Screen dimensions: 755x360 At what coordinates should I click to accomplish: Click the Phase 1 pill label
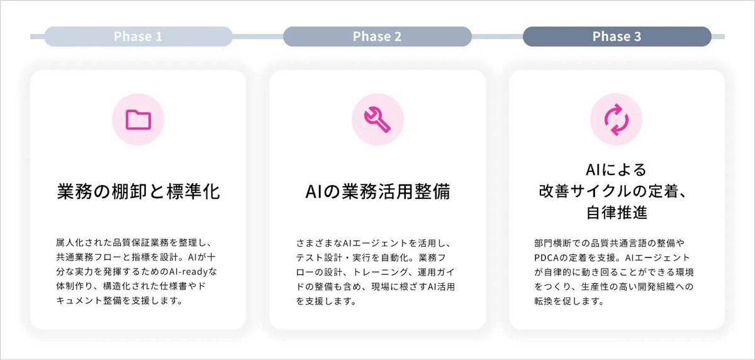[138, 37]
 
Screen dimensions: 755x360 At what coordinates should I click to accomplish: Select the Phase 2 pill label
[377, 37]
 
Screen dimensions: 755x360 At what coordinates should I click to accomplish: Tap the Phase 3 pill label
[617, 37]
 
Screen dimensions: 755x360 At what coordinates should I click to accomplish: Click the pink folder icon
[138, 120]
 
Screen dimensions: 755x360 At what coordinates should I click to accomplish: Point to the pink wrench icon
[377, 120]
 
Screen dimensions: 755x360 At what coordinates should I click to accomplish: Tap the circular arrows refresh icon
[617, 120]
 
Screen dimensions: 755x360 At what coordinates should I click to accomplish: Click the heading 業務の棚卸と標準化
[138, 191]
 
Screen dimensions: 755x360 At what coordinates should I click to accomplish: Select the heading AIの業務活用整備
[377, 191]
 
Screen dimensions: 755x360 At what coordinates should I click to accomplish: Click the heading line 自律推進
[617, 213]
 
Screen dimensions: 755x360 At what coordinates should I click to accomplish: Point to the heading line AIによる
[616, 169]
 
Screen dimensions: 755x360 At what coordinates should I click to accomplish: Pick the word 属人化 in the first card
[70, 243]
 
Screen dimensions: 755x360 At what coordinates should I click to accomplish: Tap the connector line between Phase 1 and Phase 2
[258, 37]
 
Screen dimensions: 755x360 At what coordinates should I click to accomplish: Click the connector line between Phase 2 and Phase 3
[497, 37]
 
